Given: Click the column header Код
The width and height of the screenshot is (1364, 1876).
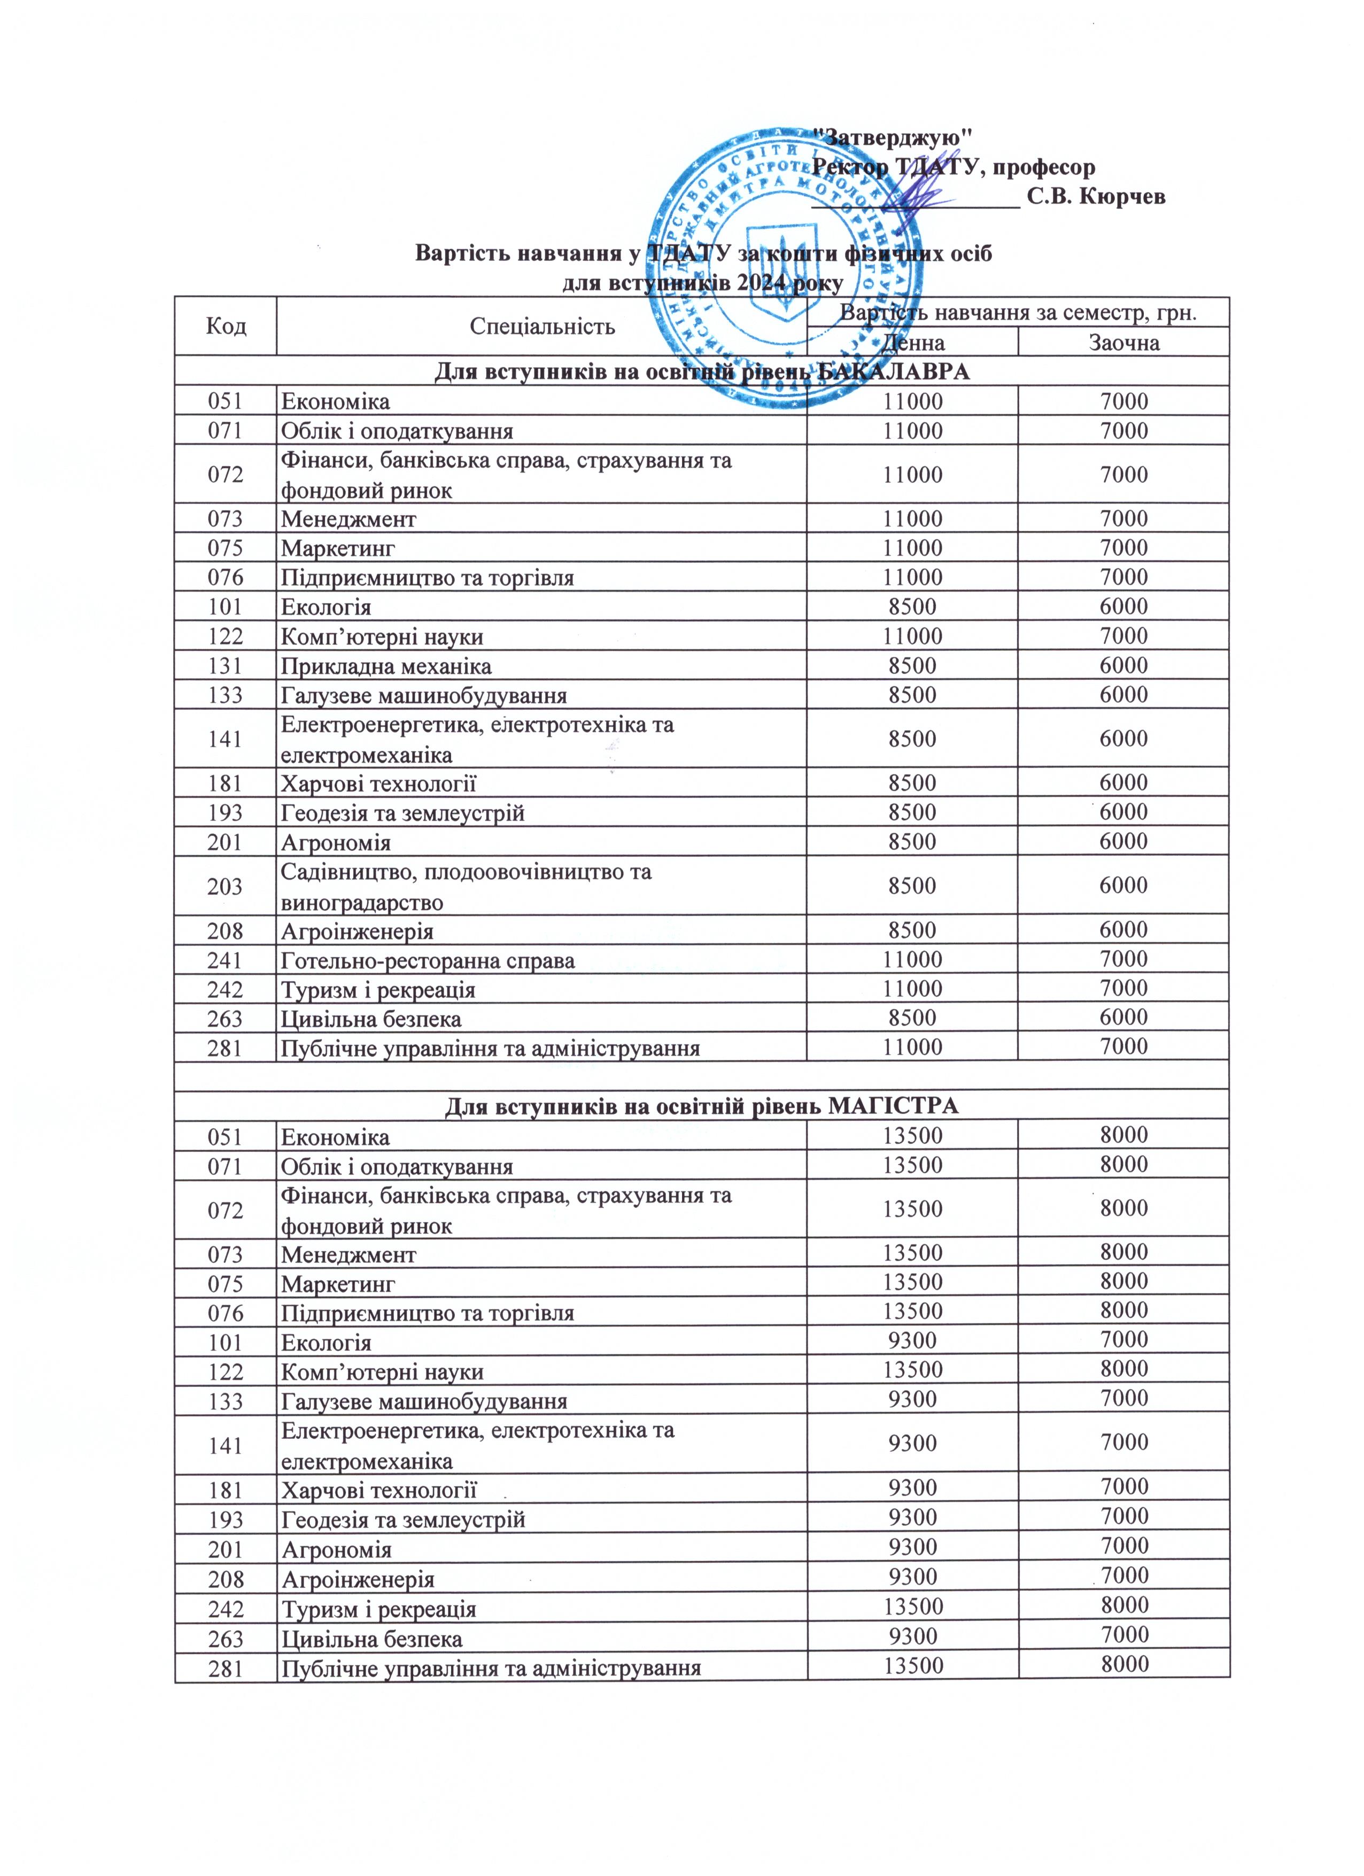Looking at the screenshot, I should [226, 326].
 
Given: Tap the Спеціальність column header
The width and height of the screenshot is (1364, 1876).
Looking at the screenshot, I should [542, 326].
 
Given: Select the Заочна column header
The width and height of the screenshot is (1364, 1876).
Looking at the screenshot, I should [1123, 343].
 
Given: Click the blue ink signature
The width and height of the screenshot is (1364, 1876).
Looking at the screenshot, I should [914, 198].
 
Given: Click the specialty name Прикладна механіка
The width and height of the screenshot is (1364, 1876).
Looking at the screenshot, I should [386, 666].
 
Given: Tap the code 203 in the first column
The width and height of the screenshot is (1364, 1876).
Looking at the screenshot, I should [226, 886].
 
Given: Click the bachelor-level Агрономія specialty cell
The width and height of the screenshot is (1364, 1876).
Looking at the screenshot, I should [336, 842].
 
